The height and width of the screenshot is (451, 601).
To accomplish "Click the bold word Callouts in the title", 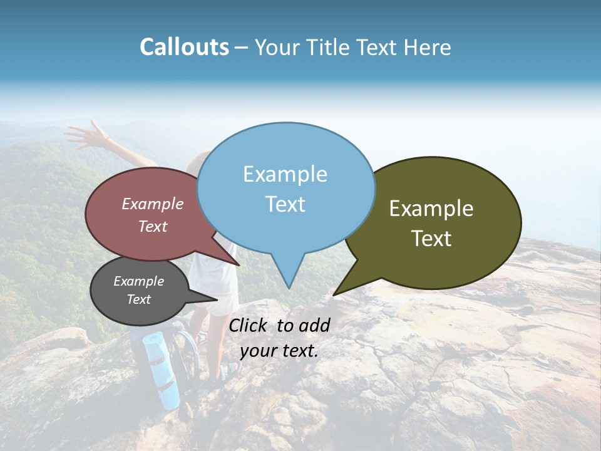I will coord(184,47).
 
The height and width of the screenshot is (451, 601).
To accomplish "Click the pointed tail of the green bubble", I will coord(335,294).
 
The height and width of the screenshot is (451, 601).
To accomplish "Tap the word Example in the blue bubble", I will coord(285,174).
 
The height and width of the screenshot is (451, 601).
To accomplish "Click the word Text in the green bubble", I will coord(431,239).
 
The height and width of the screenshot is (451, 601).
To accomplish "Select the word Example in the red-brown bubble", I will coord(152,204).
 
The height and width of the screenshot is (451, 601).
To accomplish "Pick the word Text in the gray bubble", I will coord(138,299).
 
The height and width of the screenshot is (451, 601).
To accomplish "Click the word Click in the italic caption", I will coord(249,325).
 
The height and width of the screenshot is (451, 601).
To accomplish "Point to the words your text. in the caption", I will coord(279,351).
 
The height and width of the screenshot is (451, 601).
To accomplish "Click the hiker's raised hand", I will coord(85,133).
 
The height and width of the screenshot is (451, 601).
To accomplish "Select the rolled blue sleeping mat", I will coord(161,370).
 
